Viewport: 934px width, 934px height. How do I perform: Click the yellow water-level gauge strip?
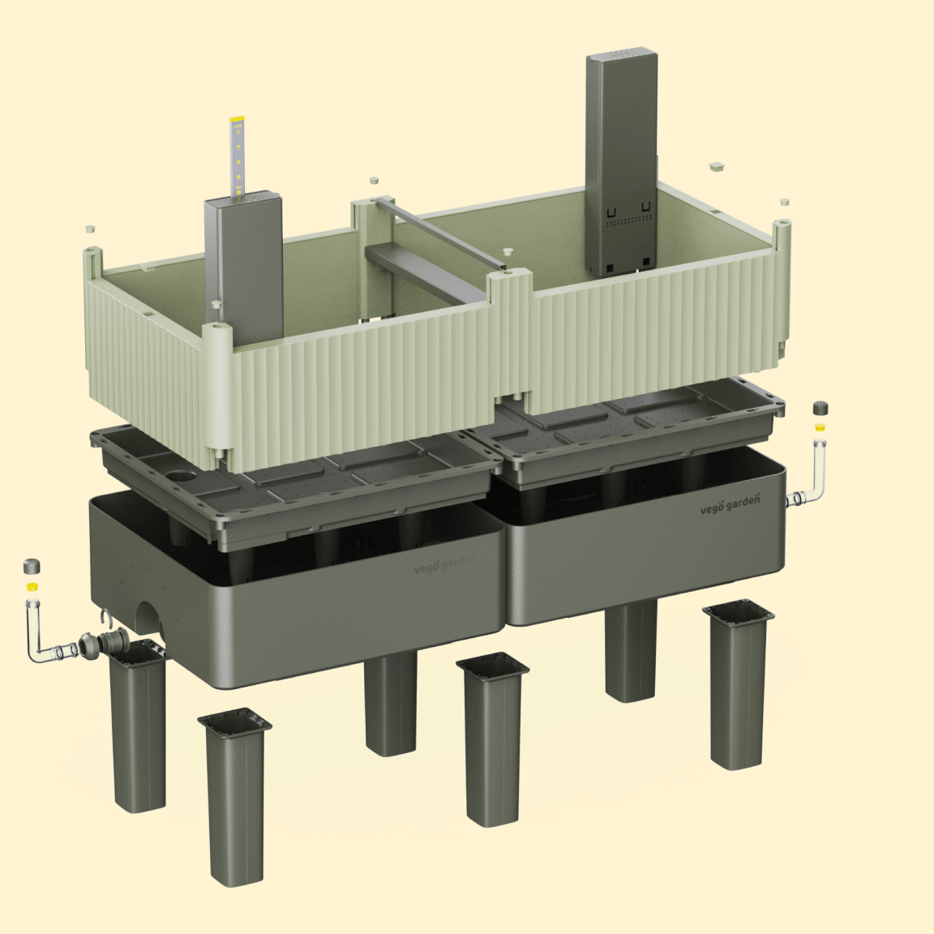click(238, 156)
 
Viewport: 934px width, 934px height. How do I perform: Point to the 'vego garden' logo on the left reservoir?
click(446, 563)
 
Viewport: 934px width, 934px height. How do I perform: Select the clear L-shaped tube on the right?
click(809, 477)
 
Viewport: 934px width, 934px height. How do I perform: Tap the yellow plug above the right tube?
click(820, 426)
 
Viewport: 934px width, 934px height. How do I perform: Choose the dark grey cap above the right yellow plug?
click(820, 409)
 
